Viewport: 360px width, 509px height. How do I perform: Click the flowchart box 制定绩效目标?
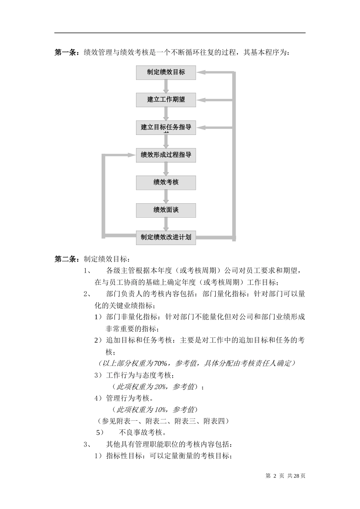[166, 72]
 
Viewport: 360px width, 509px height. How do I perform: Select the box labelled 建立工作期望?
[166, 100]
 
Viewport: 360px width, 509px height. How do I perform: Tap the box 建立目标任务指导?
[166, 127]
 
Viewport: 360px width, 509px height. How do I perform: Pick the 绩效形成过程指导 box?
[166, 155]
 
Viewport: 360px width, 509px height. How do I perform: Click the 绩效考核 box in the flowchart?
[166, 183]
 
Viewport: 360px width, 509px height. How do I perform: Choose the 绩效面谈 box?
[166, 210]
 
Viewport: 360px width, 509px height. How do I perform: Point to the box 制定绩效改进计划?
[166, 237]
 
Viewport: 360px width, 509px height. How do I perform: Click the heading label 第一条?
[66, 53]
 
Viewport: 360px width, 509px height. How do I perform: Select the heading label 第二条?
[66, 259]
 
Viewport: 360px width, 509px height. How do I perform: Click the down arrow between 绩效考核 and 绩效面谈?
[166, 197]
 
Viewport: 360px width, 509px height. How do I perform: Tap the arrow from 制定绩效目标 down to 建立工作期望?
[166, 86]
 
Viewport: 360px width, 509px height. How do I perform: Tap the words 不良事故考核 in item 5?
[142, 432]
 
